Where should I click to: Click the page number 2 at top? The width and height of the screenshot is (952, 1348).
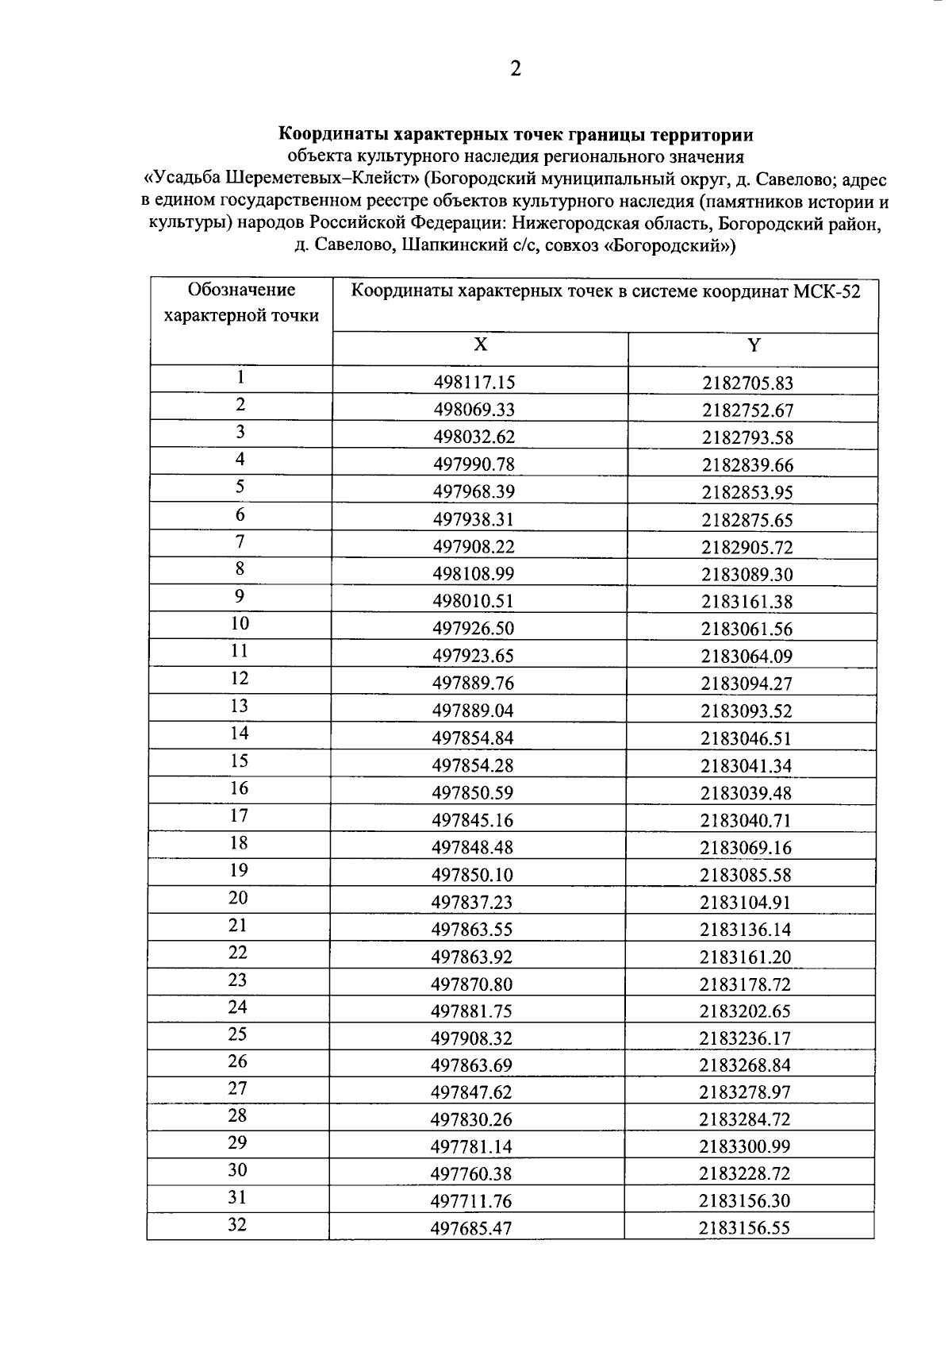(x=516, y=69)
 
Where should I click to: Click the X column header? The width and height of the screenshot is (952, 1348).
(x=481, y=345)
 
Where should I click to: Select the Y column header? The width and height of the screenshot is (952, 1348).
(x=754, y=345)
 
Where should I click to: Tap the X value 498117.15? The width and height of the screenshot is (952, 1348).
(x=474, y=383)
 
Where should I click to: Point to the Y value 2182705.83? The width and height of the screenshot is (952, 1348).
(x=747, y=383)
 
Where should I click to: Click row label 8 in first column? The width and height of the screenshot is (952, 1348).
(x=240, y=569)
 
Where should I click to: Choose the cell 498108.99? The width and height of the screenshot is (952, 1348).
(x=474, y=574)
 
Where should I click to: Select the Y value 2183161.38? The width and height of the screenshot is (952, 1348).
(x=747, y=602)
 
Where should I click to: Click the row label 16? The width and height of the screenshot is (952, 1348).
(x=240, y=788)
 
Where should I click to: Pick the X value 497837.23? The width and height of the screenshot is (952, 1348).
(x=473, y=902)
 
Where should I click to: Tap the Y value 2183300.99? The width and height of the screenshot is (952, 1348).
(x=746, y=1146)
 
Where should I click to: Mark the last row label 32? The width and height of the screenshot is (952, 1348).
(x=238, y=1225)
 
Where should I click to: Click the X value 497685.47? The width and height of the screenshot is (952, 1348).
(x=471, y=1229)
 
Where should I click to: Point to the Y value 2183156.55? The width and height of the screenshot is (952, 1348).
(x=745, y=1228)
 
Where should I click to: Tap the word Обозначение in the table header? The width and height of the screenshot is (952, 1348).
(x=241, y=290)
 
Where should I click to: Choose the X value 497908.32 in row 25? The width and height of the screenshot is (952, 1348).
(x=472, y=1038)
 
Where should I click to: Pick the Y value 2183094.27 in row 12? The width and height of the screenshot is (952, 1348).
(x=747, y=684)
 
